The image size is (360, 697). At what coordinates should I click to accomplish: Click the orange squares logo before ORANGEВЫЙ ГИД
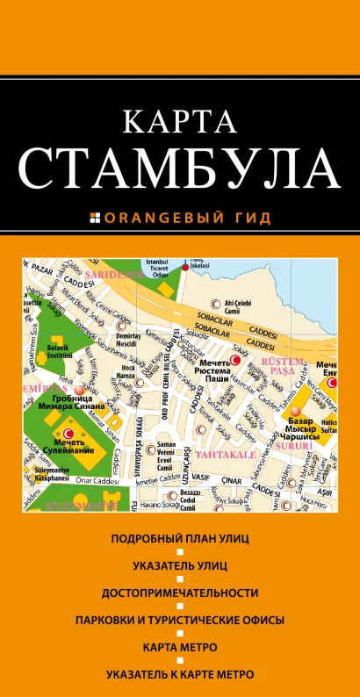[x=97, y=217]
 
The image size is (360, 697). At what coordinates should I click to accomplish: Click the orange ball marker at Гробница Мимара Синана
[x=79, y=389]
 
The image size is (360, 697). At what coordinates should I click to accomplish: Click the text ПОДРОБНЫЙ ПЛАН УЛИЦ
[x=179, y=537]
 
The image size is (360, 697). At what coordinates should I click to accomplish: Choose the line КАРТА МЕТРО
[x=179, y=647]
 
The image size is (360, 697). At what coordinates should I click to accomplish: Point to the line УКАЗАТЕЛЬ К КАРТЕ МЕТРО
[x=179, y=674]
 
